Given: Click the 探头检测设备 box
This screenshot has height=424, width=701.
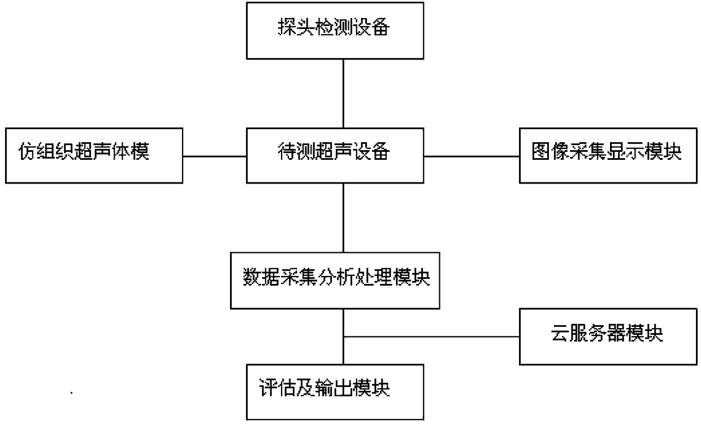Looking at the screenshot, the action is (335, 30).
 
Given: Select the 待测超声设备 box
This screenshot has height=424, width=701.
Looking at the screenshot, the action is (335, 156).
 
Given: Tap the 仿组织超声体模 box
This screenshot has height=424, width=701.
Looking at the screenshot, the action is (94, 156).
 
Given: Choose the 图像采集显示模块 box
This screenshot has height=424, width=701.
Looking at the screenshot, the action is (608, 156).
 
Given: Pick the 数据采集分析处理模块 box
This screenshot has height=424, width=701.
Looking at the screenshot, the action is (335, 281).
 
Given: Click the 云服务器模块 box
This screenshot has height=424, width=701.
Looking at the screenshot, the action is (608, 336).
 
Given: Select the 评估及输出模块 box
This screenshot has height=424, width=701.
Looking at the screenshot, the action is (335, 392).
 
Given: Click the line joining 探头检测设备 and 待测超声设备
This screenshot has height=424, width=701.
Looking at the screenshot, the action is (343, 93).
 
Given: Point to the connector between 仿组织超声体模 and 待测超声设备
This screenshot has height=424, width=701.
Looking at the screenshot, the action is (215, 156).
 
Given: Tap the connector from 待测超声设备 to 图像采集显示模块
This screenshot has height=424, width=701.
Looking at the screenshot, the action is (471, 156).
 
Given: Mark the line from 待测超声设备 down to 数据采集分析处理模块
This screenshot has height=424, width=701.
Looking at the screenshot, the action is (343, 218).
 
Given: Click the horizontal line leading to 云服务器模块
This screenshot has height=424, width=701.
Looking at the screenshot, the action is (431, 337).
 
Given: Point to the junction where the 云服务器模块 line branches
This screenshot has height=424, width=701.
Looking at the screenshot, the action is (343, 337).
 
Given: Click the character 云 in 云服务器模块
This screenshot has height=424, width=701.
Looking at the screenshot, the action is (560, 333).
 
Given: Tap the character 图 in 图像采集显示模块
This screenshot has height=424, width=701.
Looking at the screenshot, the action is (541, 151).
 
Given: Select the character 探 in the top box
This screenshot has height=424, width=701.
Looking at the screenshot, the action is (287, 27).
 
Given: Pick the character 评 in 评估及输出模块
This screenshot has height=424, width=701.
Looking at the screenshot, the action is (268, 388).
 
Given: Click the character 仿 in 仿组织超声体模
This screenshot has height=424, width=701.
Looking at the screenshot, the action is (28, 151).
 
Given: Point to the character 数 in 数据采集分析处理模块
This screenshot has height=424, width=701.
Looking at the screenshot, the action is (252, 277).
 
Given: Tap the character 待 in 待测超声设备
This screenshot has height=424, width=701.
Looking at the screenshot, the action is (287, 151).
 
